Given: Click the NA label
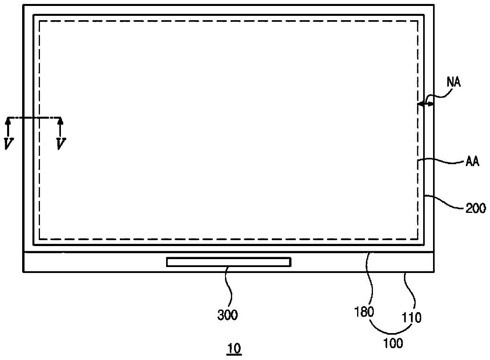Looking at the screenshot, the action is (454, 82).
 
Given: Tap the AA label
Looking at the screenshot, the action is (473, 162).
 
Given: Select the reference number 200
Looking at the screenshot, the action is (475, 208).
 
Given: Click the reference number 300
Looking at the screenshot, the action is (227, 315).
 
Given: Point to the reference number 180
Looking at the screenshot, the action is (364, 312).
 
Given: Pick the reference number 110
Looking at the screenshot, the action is (411, 318).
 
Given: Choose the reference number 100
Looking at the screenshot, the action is (394, 343).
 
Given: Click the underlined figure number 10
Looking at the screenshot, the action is (234, 348).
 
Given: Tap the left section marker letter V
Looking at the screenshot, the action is (9, 144).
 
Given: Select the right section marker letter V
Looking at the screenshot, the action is (61, 144).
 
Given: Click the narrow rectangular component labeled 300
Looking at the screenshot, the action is (229, 262).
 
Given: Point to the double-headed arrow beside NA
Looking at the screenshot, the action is (426, 104).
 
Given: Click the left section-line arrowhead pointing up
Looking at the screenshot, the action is (8, 121).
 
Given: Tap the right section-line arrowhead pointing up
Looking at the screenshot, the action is (60, 121).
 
